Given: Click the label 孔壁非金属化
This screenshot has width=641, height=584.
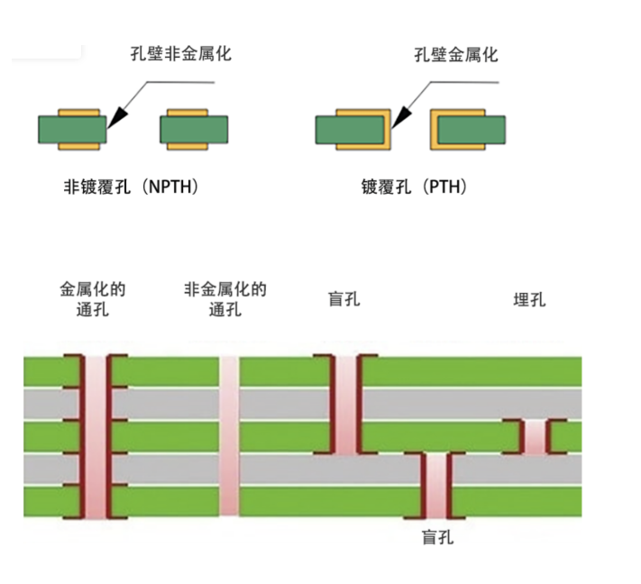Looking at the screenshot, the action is tap(181, 54).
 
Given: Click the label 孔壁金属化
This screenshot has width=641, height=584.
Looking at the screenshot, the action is tap(456, 55).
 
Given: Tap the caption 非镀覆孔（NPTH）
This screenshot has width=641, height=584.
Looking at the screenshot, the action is tap(132, 187).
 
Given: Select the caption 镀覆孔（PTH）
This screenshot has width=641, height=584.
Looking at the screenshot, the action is tap(414, 187).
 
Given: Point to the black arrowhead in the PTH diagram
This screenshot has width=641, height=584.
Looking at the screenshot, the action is tap(401, 118).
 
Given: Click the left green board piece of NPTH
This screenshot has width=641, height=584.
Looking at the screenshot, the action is tap(72, 130).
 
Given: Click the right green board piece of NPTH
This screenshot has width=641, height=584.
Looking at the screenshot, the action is tap(194, 130).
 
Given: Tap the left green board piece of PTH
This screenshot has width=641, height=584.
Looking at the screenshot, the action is tap(350, 130).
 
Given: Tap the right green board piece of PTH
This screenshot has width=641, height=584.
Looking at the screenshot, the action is tap(472, 130).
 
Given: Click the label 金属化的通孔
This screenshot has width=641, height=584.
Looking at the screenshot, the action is tap(93, 299).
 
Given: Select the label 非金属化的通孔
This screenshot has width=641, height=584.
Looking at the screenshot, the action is tap(225, 299).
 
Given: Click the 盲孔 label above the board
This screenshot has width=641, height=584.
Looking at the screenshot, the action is tap(344, 299).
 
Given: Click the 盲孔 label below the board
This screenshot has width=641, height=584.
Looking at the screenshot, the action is tap(438, 537).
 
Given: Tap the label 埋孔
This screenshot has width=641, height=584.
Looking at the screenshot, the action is tap(529, 300).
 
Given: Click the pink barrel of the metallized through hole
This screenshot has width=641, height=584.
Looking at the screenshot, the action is tap(96, 436).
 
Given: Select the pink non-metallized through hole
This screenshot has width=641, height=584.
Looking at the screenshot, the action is tap(229, 435).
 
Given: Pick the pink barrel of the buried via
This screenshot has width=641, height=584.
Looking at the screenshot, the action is tap(536, 437).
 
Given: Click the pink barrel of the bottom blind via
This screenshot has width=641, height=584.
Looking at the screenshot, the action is tap(436, 486).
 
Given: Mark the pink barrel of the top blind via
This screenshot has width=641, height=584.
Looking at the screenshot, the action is tap(346, 405).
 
